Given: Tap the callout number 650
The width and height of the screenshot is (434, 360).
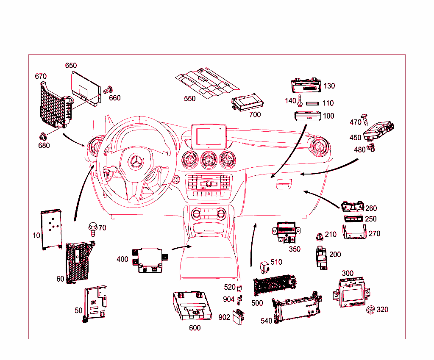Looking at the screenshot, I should tap(71, 66).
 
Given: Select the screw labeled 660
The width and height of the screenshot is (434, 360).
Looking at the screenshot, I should tap(108, 89).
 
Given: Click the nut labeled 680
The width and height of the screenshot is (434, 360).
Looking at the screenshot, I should tap(43, 136).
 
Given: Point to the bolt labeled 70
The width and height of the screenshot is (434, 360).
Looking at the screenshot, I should tap(92, 228).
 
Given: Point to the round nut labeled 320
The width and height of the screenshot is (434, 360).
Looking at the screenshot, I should tap(370, 310).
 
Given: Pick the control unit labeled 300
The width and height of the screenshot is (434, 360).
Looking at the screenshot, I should tap(352, 291).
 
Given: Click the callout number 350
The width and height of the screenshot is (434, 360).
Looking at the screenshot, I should tap(295, 249).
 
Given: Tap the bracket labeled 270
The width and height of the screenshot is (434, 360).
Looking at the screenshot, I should tap(355, 233).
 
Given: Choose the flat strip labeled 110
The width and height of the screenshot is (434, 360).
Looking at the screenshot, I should tap(313, 103).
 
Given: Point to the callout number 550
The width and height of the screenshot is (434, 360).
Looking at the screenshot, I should tap(190, 99).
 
